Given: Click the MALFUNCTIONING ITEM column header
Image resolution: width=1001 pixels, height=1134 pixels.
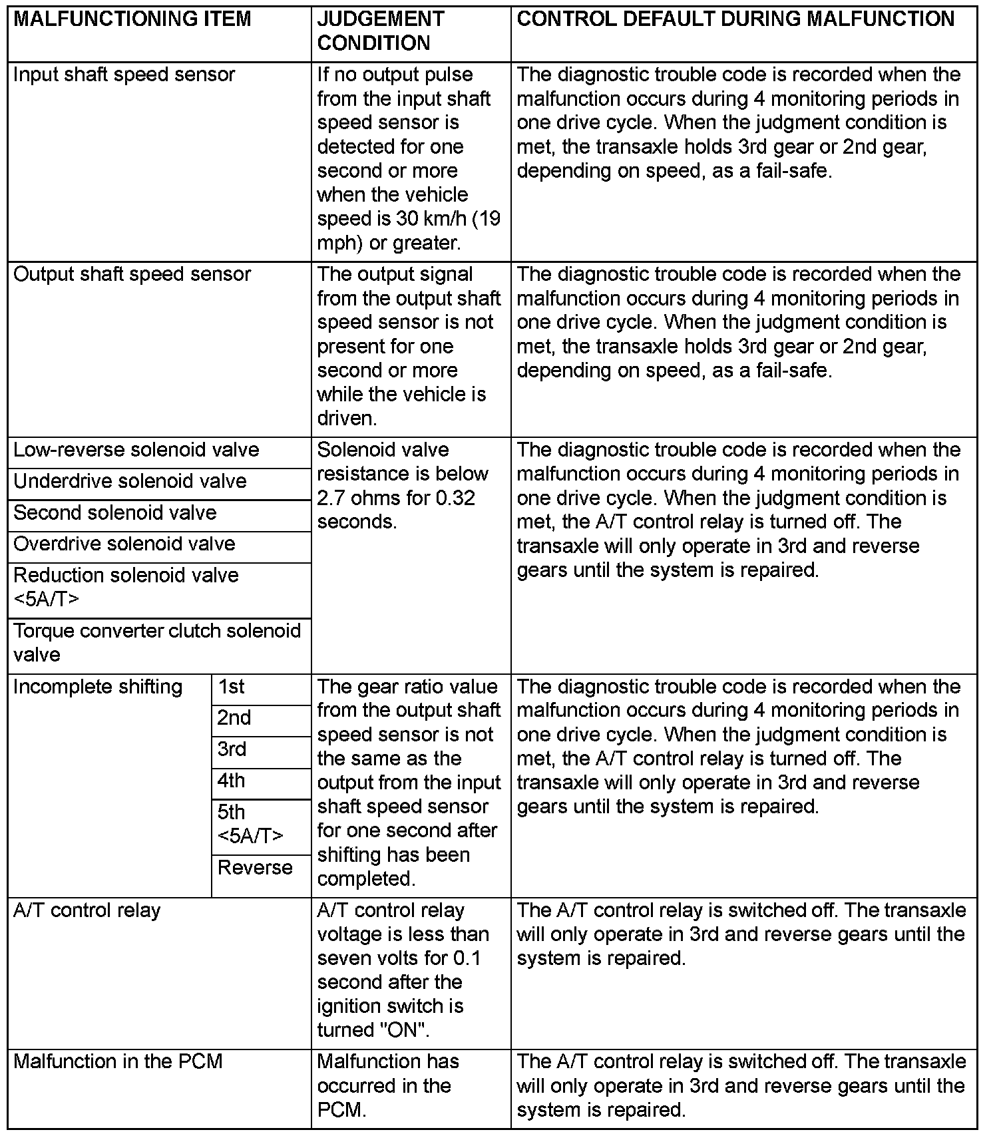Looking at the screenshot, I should click(132, 19).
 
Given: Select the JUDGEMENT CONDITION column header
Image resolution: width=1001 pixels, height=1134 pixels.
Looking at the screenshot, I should click(380, 31).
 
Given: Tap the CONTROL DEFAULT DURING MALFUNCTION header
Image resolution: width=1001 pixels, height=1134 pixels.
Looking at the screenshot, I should click(735, 19).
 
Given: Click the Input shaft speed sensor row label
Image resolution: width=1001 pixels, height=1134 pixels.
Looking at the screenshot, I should click(124, 75).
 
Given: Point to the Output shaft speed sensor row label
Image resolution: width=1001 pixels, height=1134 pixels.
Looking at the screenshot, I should click(132, 274).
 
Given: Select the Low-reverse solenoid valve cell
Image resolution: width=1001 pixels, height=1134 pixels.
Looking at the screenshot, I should click(136, 450).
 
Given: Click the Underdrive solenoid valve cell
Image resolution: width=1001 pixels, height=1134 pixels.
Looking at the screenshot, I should click(130, 481).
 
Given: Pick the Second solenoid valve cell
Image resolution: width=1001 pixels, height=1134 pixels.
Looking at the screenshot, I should click(114, 512).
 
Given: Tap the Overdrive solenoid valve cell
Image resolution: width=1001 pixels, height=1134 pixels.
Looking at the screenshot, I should click(124, 544).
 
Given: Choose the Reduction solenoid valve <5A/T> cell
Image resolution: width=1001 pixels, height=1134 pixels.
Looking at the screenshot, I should click(126, 587).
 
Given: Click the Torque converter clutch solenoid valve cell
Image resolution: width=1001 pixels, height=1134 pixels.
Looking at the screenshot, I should click(157, 643).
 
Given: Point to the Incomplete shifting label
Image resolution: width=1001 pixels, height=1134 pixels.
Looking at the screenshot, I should click(97, 687).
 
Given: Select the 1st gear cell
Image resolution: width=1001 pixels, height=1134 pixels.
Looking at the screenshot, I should click(232, 687).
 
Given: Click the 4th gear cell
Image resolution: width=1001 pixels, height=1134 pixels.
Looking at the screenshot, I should click(232, 781).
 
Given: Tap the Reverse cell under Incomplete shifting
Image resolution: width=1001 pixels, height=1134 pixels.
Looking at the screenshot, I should click(255, 868).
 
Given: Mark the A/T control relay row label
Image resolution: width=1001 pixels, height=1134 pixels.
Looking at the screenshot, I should click(87, 910).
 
